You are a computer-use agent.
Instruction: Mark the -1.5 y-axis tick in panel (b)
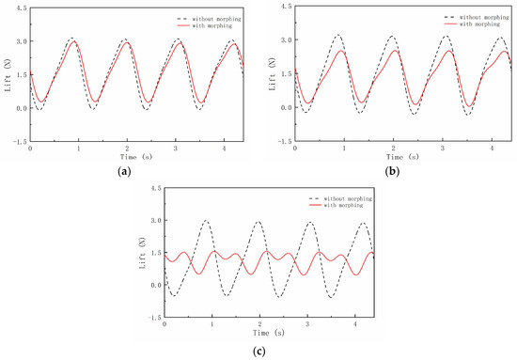pyautogui.click(x=279, y=141)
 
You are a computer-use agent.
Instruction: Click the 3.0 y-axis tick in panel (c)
pyautogui.click(x=152, y=221)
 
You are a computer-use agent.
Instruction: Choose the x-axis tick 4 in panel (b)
pyautogui.click(x=490, y=149)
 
